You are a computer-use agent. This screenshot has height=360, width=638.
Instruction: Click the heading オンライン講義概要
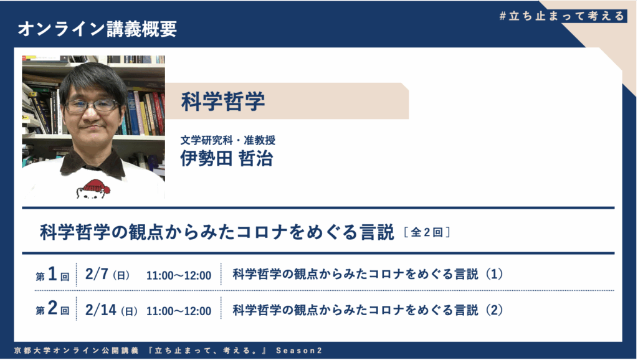97,29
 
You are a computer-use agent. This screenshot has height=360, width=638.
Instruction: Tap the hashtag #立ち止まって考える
562,16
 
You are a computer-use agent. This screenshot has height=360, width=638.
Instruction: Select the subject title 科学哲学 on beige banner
223,102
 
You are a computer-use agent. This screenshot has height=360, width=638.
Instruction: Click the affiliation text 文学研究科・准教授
228,140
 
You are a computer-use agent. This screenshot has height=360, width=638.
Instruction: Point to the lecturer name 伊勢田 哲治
227,159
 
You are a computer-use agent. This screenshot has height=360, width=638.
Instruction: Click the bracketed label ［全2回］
427,232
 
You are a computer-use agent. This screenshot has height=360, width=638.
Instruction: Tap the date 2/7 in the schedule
97,274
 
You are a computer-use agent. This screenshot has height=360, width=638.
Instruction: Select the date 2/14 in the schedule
100,310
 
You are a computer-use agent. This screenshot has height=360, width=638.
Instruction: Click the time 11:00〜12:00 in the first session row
179,276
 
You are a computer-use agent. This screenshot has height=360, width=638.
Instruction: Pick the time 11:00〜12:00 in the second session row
179,311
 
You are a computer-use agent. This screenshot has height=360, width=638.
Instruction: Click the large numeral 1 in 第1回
52,274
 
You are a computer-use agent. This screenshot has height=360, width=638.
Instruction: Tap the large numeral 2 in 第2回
52,308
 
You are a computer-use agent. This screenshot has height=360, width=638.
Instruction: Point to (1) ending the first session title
494,274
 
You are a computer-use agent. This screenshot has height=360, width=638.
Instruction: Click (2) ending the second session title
494,310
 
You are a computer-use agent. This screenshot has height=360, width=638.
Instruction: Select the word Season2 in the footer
299,351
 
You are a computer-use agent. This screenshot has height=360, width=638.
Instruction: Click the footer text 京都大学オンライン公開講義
76,351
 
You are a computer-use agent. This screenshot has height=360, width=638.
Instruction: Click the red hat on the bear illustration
97,186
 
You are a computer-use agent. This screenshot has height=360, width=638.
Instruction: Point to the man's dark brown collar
93,164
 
